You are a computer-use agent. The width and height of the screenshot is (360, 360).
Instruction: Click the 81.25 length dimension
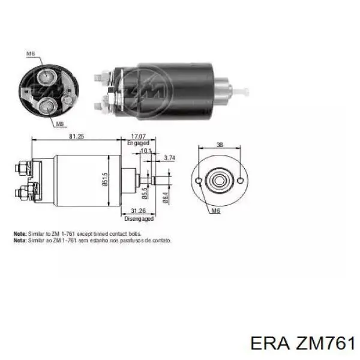pyautogui.click(x=77, y=137)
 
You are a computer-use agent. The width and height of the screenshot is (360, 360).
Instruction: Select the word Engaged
pyautogui.click(x=138, y=143)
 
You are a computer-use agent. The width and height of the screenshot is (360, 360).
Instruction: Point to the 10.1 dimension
pyautogui.click(x=145, y=151)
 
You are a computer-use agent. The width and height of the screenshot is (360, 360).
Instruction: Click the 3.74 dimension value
pyautogui.click(x=170, y=158)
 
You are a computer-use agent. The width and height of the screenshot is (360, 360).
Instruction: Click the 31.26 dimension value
pyautogui.click(x=139, y=211)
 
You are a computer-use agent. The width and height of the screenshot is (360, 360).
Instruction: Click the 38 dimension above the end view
pyautogui.click(x=220, y=145)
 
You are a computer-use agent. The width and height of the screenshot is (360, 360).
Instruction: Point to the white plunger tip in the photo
pyautogui.click(x=244, y=92)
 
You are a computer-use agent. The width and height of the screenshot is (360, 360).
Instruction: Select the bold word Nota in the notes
pyautogui.click(x=20, y=239)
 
